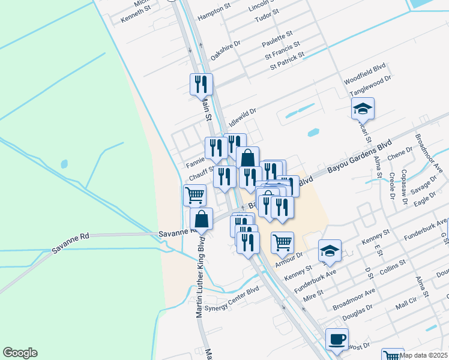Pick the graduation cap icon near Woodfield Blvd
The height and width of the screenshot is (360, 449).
[x=363, y=109]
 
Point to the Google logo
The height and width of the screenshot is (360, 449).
[x=20, y=353]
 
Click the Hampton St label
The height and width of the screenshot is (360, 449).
[x=214, y=14]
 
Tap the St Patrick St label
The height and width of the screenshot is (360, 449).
[x=287, y=60]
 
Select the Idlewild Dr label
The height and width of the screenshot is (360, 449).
[x=243, y=115]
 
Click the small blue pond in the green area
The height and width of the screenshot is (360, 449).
[x=64, y=163]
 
